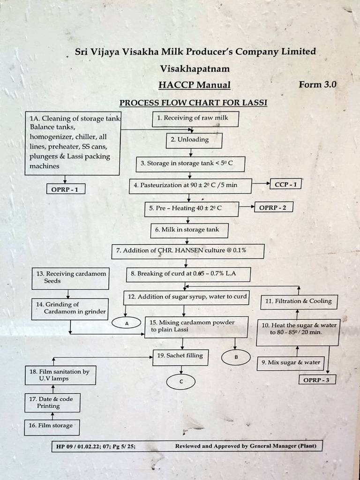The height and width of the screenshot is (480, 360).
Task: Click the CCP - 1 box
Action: [285, 185]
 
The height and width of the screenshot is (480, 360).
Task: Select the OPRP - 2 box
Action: [273, 207]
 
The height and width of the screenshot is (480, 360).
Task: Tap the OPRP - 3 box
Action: [317, 380]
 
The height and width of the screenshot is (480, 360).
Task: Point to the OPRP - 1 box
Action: [66, 189]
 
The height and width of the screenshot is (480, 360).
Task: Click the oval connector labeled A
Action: [126, 322]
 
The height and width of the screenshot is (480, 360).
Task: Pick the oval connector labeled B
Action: [236, 357]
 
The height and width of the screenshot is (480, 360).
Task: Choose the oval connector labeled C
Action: [180, 382]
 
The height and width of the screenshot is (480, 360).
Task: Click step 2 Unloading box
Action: [194, 140]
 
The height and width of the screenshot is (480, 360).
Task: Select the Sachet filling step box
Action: [180, 356]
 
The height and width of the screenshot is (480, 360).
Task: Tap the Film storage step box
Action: [52, 427]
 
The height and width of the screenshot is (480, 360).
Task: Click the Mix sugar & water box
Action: [291, 362]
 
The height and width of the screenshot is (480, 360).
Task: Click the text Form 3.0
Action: [317, 85]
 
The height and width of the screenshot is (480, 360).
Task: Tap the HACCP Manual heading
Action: [195, 85]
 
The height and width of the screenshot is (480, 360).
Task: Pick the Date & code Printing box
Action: [52, 403]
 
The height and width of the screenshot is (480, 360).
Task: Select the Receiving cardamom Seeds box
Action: [70, 277]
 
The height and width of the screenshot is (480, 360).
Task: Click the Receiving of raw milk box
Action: [195, 119]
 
